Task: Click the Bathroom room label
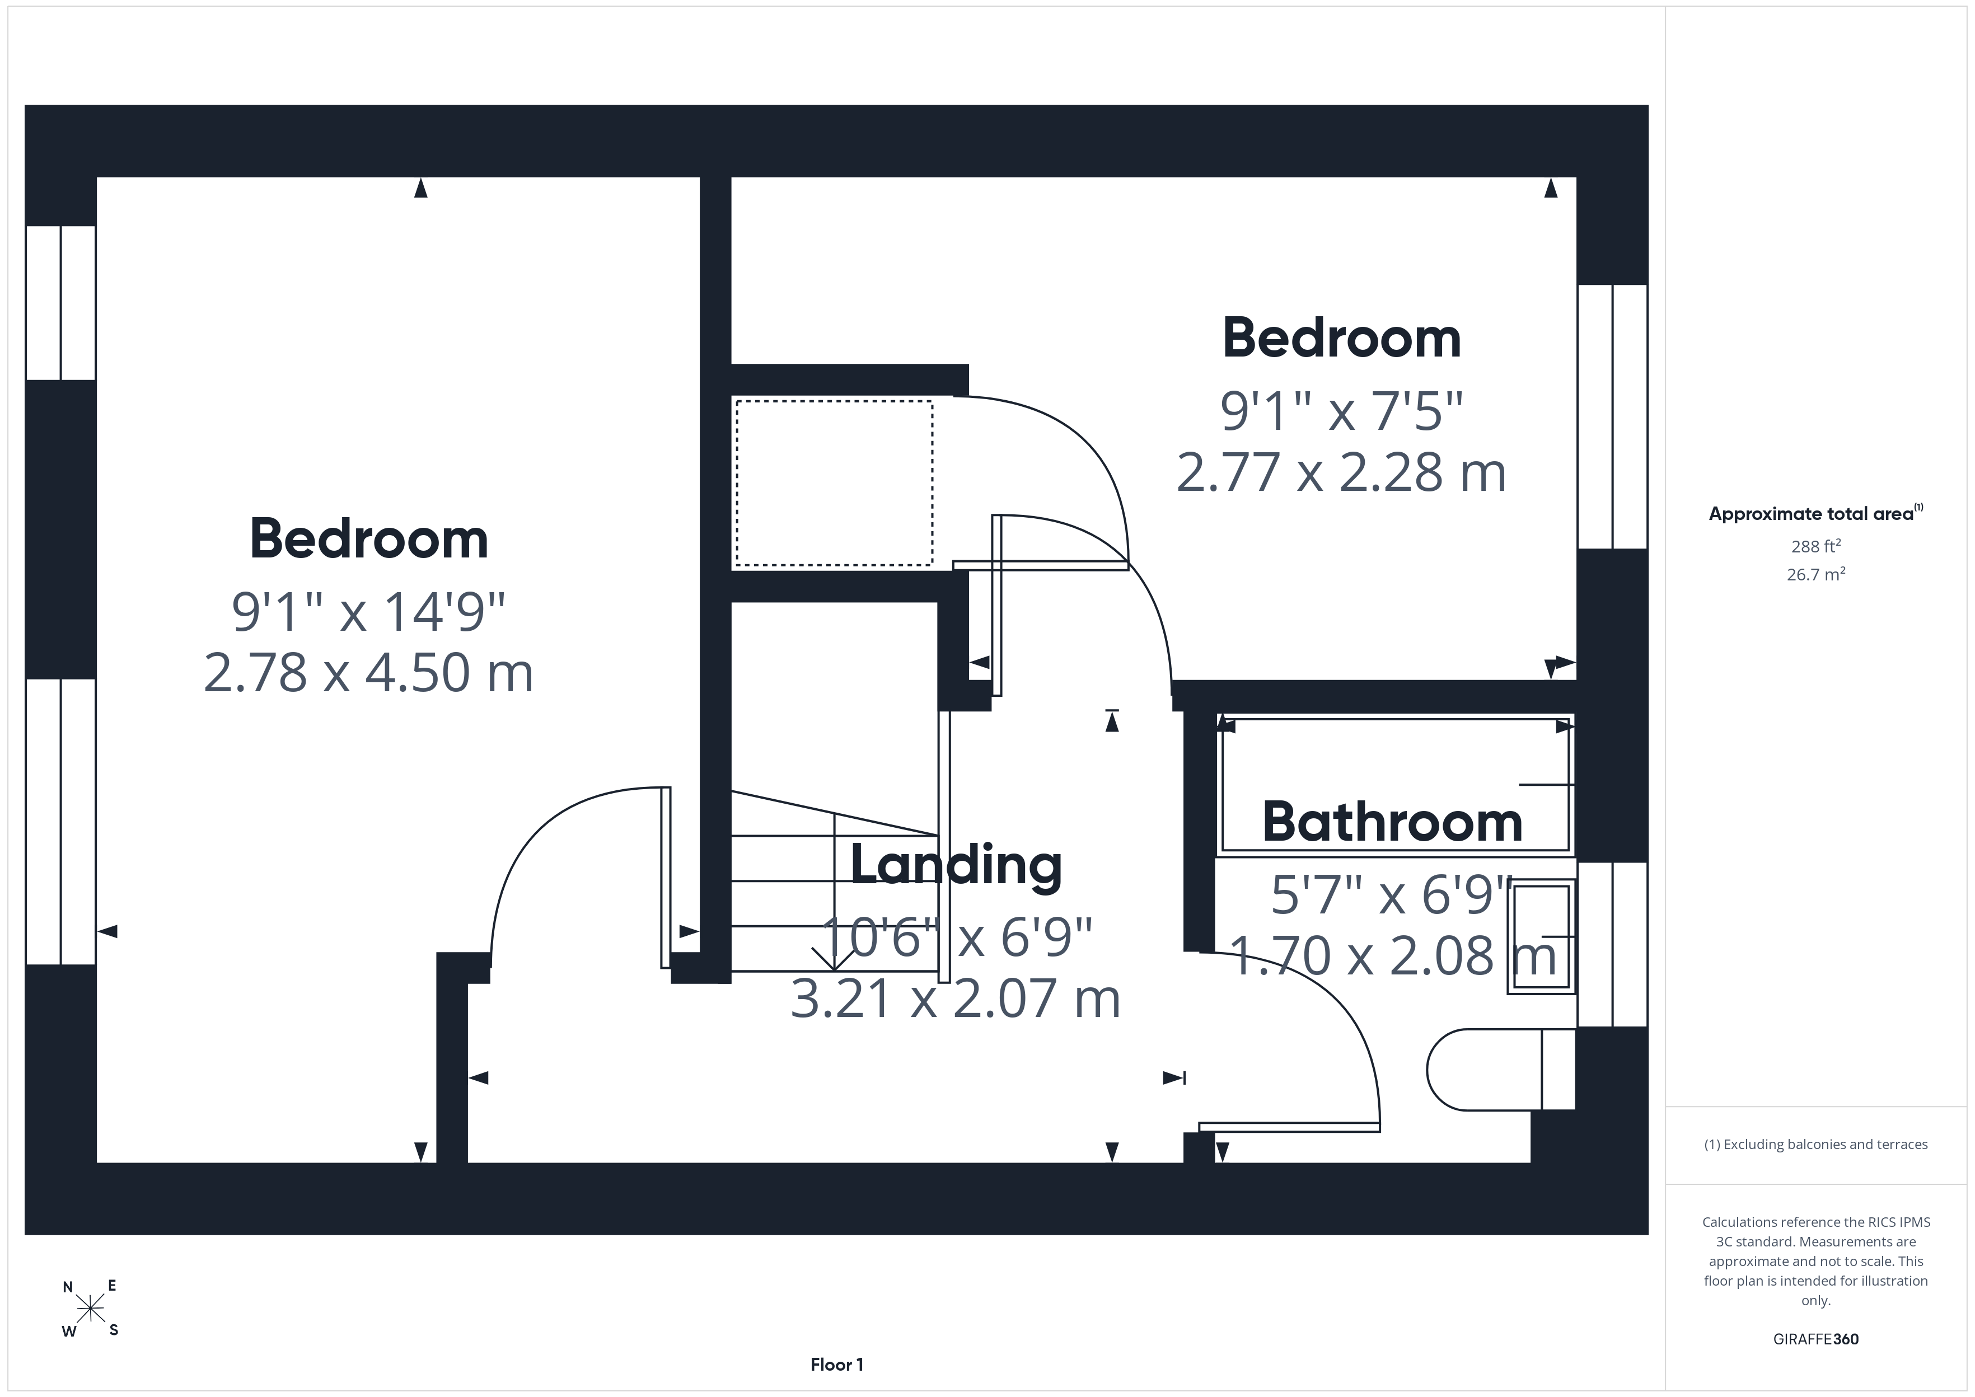[1392, 822]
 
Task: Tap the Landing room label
[956, 865]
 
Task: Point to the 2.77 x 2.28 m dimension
[1341, 472]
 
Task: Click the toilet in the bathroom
[1500, 1069]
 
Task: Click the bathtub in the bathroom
[1395, 785]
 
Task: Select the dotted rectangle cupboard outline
[834, 484]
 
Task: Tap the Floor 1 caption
[836, 1365]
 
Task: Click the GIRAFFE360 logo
[1816, 1339]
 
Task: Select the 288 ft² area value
[1816, 546]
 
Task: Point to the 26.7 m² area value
[1816, 574]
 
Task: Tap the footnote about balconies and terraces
[1816, 1144]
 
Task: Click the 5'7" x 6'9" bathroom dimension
[1392, 894]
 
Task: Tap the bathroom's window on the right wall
[1612, 944]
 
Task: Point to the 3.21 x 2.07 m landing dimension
[956, 998]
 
